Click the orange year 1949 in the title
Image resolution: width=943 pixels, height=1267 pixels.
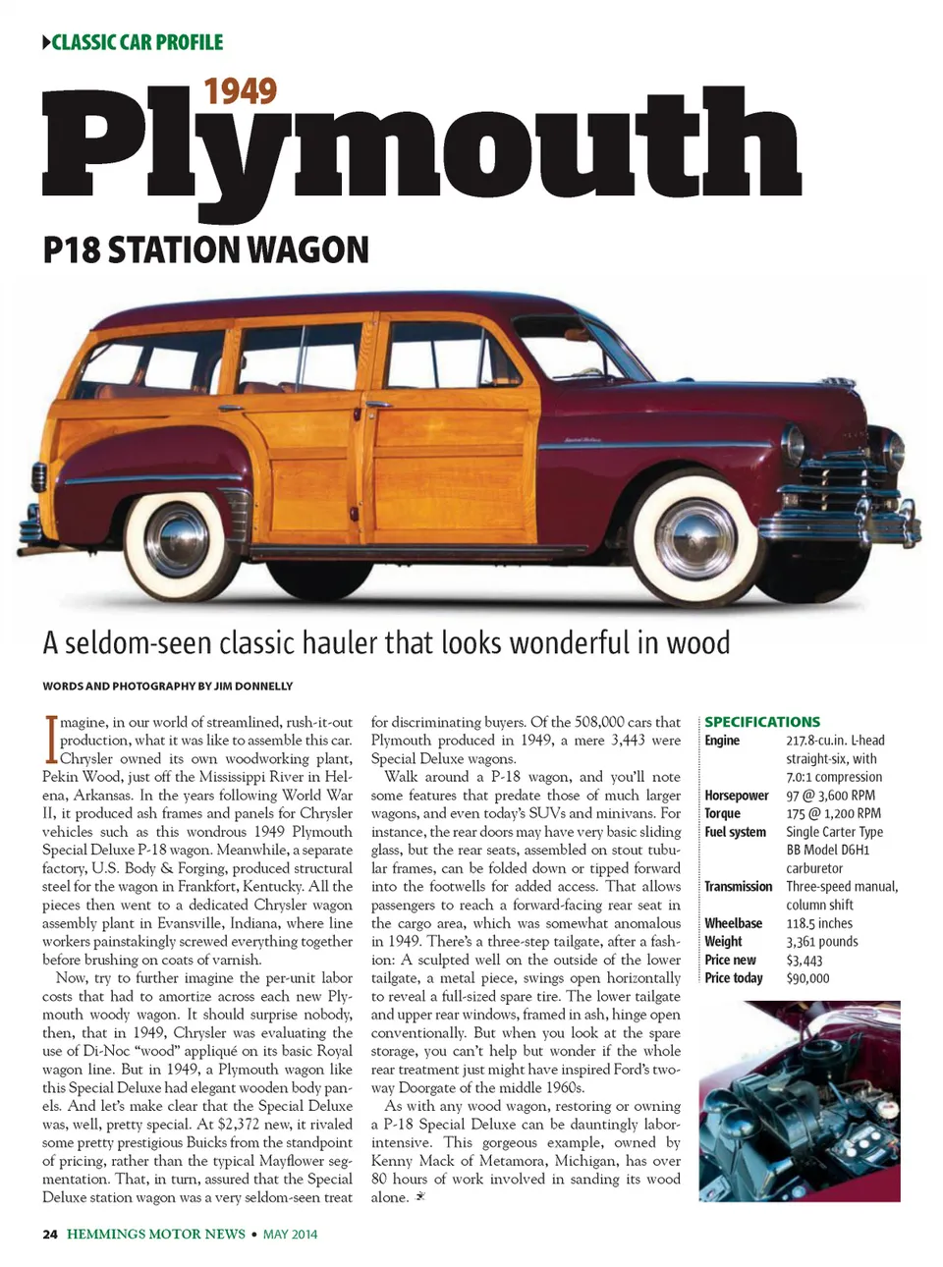pyautogui.click(x=240, y=91)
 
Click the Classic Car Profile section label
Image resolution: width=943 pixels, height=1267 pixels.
pyautogui.click(x=133, y=42)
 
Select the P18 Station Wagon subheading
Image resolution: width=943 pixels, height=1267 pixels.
pyautogui.click(x=205, y=249)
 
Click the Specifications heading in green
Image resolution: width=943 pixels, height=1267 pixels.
pyautogui.click(x=762, y=721)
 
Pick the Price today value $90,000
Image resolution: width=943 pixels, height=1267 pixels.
pyautogui.click(x=807, y=978)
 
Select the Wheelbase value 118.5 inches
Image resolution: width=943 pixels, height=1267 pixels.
pyautogui.click(x=819, y=923)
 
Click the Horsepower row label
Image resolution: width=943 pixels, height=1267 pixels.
pyautogui.click(x=736, y=796)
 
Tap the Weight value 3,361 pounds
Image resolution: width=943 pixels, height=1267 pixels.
pyautogui.click(x=821, y=941)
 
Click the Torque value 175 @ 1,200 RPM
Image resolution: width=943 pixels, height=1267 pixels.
pyautogui.click(x=833, y=813)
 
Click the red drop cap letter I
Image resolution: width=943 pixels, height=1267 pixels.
pyautogui.click(x=49, y=741)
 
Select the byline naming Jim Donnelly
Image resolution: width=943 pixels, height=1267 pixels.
pyautogui.click(x=167, y=686)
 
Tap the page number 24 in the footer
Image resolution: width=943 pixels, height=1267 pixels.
pyautogui.click(x=50, y=1234)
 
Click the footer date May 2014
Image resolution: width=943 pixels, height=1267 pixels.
pyautogui.click(x=290, y=1234)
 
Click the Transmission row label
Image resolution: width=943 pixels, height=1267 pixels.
pyautogui.click(x=738, y=886)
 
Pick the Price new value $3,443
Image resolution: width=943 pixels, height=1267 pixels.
pyautogui.click(x=804, y=960)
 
